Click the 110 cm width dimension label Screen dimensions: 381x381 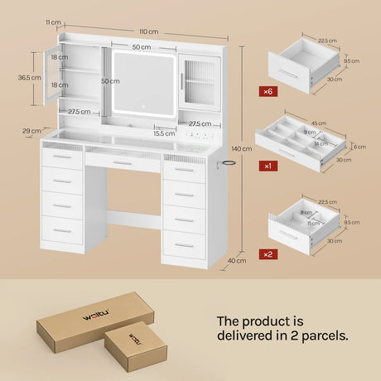pyautogui.click(x=149, y=31)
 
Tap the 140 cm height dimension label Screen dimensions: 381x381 pyautogui.click(x=242, y=149)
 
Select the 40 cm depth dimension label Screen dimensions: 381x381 pyautogui.click(x=237, y=260)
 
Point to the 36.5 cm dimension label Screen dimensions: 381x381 pyautogui.click(x=29, y=78)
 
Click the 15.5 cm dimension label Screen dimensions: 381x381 pyautogui.click(x=164, y=133)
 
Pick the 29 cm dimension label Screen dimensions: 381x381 pyautogui.click(x=31, y=131)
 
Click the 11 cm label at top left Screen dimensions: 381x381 pyautogui.click(x=53, y=22)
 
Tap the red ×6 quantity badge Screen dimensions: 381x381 pyautogui.click(x=268, y=91)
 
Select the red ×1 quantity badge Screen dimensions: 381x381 pyautogui.click(x=268, y=166)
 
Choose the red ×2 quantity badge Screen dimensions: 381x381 pyautogui.click(x=268, y=254)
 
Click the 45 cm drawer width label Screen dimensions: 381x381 pyautogui.click(x=319, y=123)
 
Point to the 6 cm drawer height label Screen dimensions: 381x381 pyautogui.click(x=359, y=147)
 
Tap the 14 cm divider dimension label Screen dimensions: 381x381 pyautogui.click(x=321, y=143)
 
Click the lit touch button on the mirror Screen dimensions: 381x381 pyautogui.click(x=143, y=106)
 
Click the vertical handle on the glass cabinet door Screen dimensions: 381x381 pyautogui.click(x=182, y=81)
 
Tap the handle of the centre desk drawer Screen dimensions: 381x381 pyautogui.click(x=123, y=163)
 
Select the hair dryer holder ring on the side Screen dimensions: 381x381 pyautogui.click(x=229, y=162)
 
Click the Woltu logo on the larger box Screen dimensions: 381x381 pyautogui.click(x=96, y=315)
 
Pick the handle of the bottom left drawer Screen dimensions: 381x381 pyautogui.click(x=62, y=230)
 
